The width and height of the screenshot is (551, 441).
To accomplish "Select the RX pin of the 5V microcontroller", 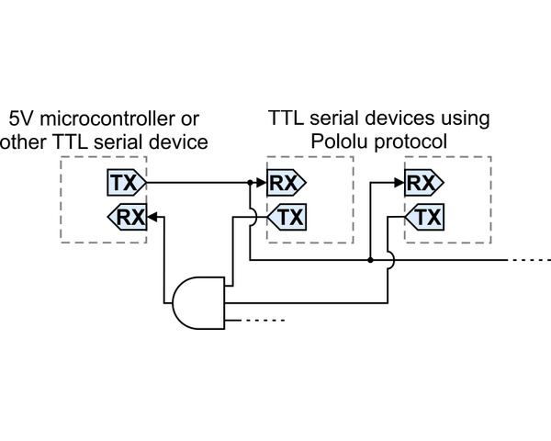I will [x=129, y=218].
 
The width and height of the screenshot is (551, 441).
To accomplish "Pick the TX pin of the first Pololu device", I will [x=287, y=218].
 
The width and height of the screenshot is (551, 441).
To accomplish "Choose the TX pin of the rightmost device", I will [x=425, y=218].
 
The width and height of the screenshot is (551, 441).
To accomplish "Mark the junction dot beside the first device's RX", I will [x=250, y=183].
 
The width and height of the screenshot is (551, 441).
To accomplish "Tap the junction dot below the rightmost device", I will [x=370, y=260].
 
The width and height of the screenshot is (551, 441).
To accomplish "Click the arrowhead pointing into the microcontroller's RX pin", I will [x=155, y=218].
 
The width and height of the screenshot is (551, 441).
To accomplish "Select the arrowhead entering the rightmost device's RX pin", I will [x=399, y=183].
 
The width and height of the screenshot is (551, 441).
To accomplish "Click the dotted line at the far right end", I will [x=529, y=260].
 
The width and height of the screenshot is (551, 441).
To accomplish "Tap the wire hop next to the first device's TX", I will [x=250, y=218].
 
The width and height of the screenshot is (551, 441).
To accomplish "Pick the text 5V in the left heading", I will [x=19, y=119].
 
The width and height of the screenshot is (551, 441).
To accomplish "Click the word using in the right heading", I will [x=464, y=119].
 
